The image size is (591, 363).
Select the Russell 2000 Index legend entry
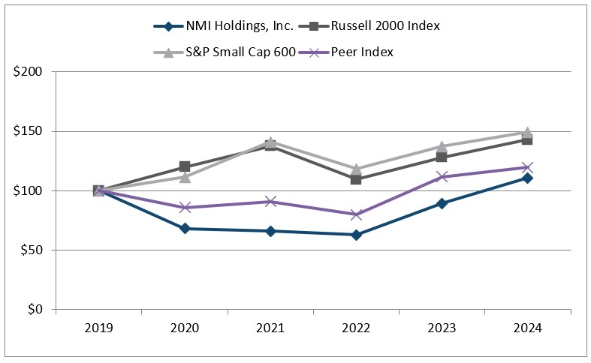pyautogui.click(x=385, y=26)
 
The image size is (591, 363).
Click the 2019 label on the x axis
pyautogui.click(x=98, y=328)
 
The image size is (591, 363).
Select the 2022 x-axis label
pyautogui.click(x=356, y=328)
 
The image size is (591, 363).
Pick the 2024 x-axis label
pyautogui.click(x=527, y=328)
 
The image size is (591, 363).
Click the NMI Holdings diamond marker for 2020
pyautogui.click(x=185, y=229)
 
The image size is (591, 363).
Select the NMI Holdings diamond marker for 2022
pyautogui.click(x=356, y=235)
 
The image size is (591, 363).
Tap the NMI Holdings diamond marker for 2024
pyautogui.click(x=527, y=178)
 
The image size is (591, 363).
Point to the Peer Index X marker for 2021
pyautogui.click(x=270, y=202)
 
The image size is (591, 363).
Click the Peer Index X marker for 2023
pyautogui.click(x=442, y=177)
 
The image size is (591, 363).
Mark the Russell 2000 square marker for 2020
pyautogui.click(x=185, y=166)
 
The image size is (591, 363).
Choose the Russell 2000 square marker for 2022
pyautogui.click(x=356, y=179)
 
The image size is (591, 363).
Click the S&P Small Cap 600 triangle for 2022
pyautogui.click(x=356, y=169)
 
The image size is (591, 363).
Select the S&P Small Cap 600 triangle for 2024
pyautogui.click(x=527, y=132)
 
